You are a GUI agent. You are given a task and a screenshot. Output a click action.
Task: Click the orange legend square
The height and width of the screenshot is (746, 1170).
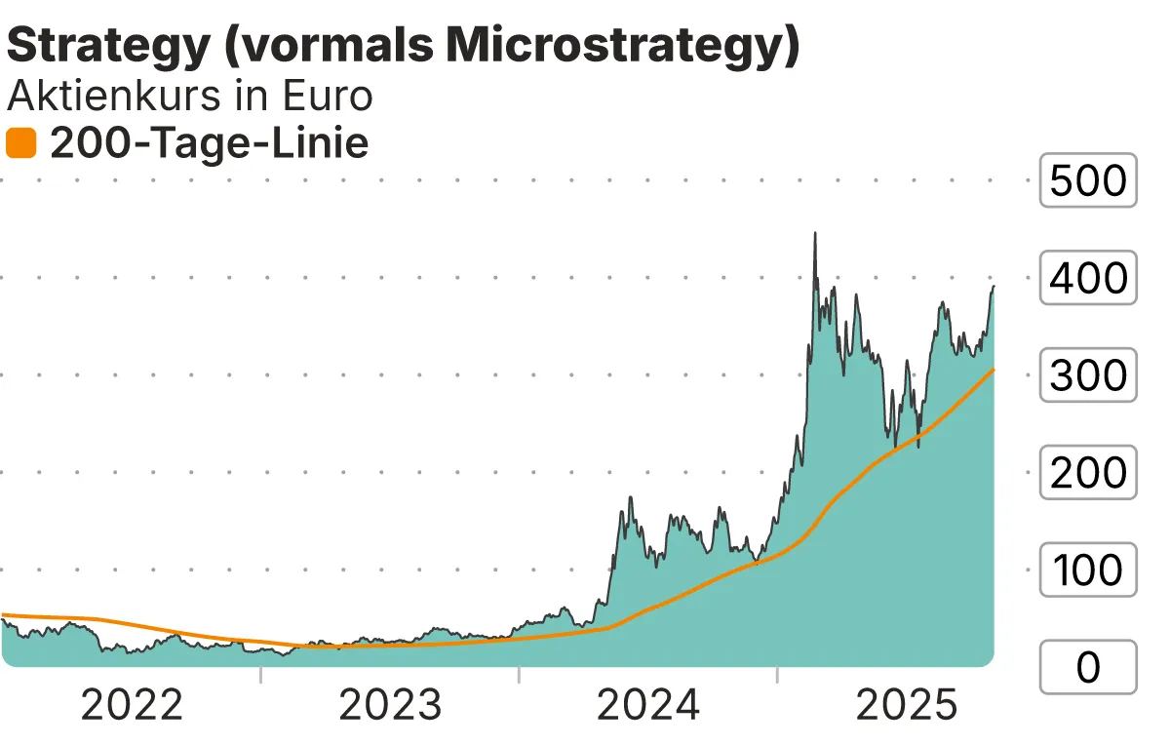[20, 144]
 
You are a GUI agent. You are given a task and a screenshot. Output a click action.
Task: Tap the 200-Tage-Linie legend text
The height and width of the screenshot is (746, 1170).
[209, 144]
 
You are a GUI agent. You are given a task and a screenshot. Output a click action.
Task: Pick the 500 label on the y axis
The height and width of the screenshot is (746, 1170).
[1088, 180]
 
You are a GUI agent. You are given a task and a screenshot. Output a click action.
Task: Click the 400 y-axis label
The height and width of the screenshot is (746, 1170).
[1088, 278]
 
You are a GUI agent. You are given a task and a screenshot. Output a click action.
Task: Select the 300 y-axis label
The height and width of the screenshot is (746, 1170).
[1088, 375]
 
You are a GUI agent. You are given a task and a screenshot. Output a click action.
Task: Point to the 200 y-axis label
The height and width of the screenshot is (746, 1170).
[1088, 473]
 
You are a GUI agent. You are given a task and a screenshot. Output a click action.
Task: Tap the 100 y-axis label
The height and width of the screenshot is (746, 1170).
[1088, 569]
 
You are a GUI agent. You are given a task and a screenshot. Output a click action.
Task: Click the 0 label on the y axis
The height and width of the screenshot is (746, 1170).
[1088, 667]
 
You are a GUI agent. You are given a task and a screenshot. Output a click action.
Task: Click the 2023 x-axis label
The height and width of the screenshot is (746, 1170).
[390, 705]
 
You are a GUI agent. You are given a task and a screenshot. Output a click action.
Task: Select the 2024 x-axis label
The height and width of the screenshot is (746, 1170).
[648, 705]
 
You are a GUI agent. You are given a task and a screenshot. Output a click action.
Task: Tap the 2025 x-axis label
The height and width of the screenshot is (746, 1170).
[907, 705]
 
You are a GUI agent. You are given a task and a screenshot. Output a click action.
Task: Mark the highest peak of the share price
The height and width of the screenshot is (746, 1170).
[815, 234]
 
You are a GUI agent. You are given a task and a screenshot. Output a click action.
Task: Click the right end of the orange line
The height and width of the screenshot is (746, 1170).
[993, 370]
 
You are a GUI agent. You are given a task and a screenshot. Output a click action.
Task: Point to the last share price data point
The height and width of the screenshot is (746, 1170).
[994, 287]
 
